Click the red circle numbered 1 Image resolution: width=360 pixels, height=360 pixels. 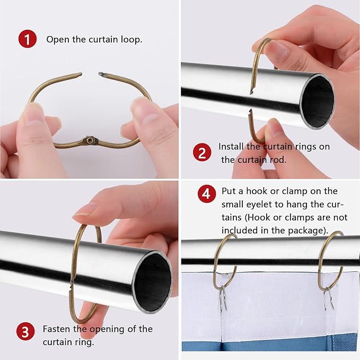pyautogui.click(x=28, y=39)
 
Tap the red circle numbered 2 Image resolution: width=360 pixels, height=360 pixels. pyautogui.click(x=202, y=152)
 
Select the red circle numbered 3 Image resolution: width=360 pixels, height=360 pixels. pyautogui.click(x=25, y=331)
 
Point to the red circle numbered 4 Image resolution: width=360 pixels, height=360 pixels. pyautogui.click(x=207, y=194)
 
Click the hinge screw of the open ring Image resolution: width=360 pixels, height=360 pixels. pyautogui.click(x=90, y=140)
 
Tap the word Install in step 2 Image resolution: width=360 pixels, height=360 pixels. pyautogui.click(x=231, y=146)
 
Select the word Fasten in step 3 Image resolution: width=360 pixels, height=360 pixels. pyautogui.click(x=57, y=329)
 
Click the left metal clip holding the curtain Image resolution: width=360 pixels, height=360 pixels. pyautogui.click(x=223, y=297)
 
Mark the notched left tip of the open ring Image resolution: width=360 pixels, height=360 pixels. pyautogui.click(x=79, y=74)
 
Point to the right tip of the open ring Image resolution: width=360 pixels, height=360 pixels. pyautogui.click(x=101, y=74)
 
